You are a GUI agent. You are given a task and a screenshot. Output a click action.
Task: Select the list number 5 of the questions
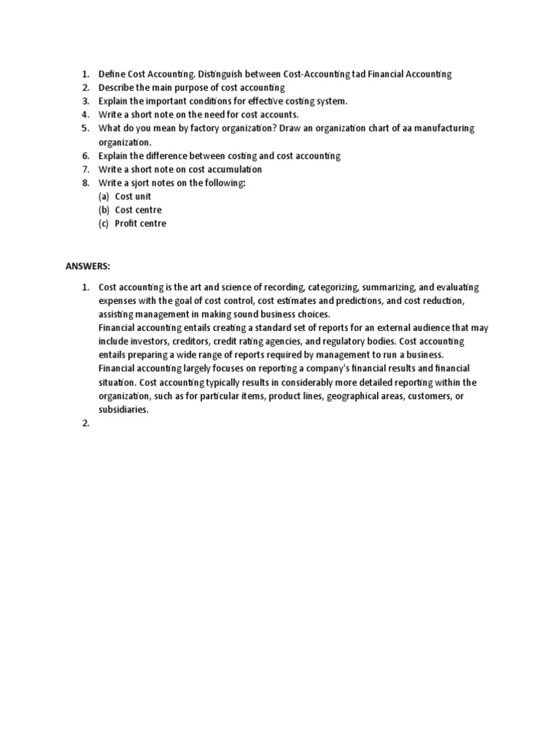click(x=84, y=128)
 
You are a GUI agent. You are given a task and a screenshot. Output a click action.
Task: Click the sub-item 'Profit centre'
click(x=140, y=223)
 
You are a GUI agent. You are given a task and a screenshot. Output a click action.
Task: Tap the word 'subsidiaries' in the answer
click(x=124, y=409)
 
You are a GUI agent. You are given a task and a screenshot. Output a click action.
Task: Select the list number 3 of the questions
click(x=84, y=101)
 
